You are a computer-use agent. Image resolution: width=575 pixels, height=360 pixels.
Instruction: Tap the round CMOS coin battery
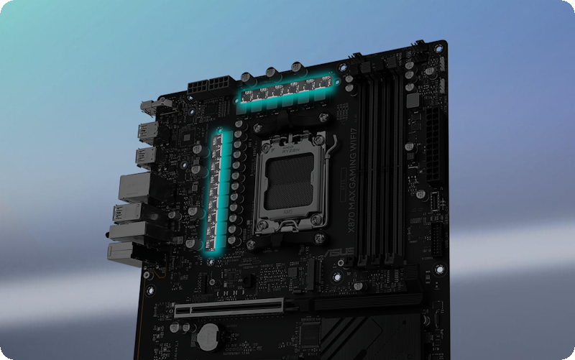pyautogui.click(x=208, y=332)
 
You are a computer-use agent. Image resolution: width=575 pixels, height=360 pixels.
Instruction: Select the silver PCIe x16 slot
pyautogui.click(x=237, y=310)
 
